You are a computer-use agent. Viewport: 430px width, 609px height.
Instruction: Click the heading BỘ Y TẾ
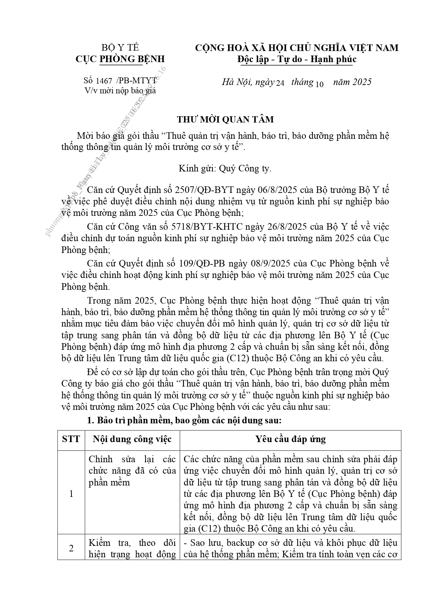click(120, 48)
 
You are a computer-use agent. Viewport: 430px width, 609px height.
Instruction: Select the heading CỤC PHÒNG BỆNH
click(120, 59)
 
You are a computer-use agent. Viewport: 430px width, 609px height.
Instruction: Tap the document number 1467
click(104, 81)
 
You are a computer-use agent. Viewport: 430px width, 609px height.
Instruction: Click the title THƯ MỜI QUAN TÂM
click(225, 119)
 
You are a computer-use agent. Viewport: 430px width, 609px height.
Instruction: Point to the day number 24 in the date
click(280, 83)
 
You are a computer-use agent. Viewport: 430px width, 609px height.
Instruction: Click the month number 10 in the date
click(319, 84)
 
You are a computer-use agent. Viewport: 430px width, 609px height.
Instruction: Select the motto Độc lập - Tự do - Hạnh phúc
click(297, 59)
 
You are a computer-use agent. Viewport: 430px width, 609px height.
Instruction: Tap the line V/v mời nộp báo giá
click(120, 91)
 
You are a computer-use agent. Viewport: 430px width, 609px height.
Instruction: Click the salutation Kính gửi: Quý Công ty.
click(225, 169)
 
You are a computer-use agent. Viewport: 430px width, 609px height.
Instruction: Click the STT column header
click(71, 439)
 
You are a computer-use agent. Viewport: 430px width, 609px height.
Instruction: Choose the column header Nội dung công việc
click(132, 439)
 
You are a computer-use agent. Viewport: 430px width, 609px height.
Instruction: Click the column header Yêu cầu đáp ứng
click(290, 439)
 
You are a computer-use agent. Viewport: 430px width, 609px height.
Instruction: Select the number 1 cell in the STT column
click(71, 493)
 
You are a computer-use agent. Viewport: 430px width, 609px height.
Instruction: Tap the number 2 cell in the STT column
click(71, 548)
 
